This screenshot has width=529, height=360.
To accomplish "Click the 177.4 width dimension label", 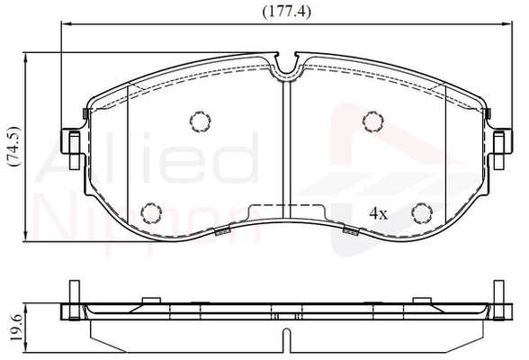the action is (x=286, y=13).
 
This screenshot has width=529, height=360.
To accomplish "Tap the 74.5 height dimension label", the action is (x=13, y=146).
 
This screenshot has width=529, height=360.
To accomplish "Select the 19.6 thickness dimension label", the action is (x=16, y=327).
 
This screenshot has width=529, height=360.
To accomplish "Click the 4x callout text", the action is (x=379, y=213).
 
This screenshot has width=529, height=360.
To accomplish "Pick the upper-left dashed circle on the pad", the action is (x=201, y=121).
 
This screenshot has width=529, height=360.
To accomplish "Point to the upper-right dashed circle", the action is (x=373, y=121).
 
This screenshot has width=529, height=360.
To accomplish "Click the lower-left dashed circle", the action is (x=152, y=213).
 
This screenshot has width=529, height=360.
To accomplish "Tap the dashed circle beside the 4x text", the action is (x=422, y=213).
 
